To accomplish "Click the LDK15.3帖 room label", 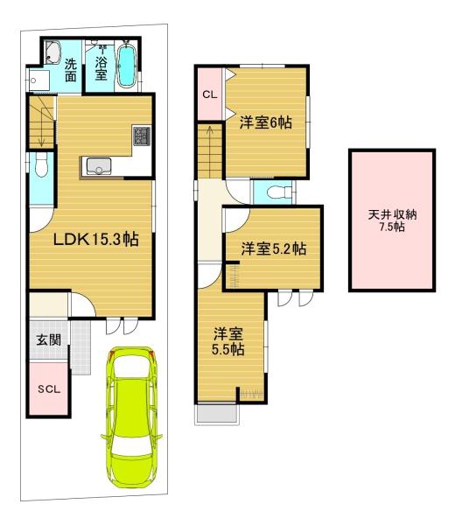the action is [x=96, y=240].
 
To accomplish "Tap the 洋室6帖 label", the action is [x=265, y=122].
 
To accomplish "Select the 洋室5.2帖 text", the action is [x=274, y=248].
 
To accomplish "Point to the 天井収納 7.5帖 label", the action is [x=392, y=220].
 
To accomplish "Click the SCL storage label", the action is [x=49, y=389].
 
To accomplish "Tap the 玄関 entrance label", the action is [x=49, y=340].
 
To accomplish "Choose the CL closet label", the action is [x=210, y=94].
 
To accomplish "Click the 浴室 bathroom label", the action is [x=101, y=68].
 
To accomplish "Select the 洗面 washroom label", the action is [x=71, y=70].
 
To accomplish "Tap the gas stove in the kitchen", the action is [x=142, y=136].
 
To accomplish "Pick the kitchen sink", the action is [x=98, y=166].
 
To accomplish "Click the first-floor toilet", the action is [x=41, y=164].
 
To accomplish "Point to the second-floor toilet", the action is [x=280, y=192].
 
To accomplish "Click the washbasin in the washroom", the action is [x=52, y=52].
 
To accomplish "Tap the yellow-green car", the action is [x=131, y=416].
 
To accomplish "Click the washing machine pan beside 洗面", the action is [x=38, y=80].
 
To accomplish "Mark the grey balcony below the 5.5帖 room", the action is [x=217, y=414].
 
